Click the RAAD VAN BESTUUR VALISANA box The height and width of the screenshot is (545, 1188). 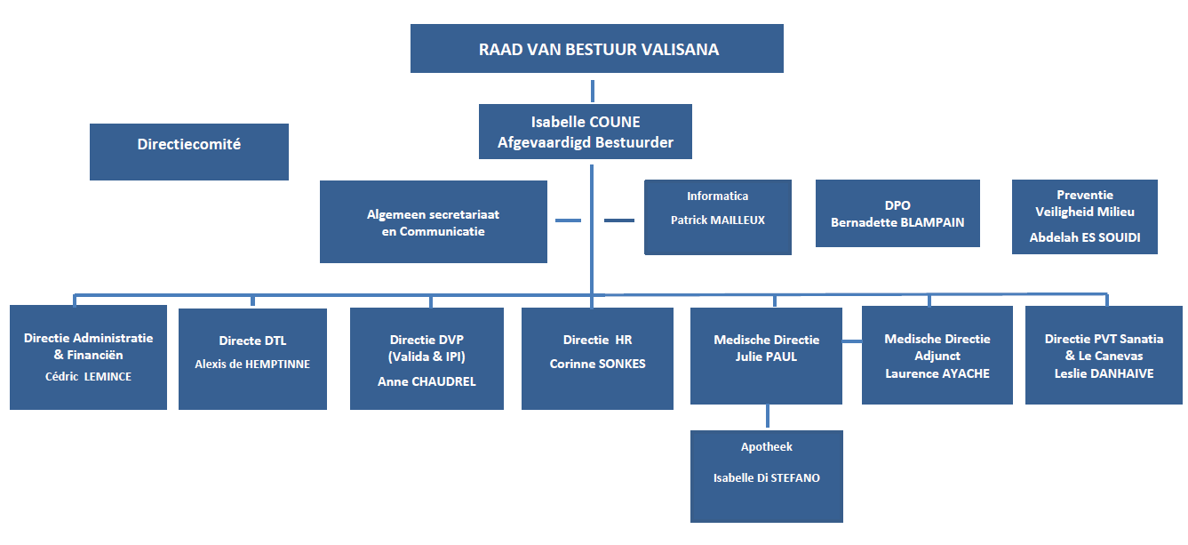point(596,49)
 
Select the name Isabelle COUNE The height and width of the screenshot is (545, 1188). point(585,122)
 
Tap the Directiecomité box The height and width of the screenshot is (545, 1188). point(188,144)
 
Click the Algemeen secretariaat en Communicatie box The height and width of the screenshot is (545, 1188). point(433,222)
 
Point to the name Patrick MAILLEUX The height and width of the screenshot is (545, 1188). point(717,220)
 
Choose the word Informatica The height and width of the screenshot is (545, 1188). point(717,196)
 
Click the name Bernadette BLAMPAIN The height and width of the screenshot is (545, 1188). point(897,222)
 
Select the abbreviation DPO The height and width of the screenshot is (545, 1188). point(897,205)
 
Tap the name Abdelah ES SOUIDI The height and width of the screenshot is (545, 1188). point(1084,237)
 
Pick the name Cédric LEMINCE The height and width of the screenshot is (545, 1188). point(88,376)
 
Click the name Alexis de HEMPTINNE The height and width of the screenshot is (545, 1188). point(252,364)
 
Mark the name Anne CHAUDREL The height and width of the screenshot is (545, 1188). point(427,381)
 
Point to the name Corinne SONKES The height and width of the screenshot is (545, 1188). point(597,364)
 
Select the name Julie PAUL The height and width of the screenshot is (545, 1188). point(767,357)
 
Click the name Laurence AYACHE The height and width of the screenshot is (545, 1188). point(937,373)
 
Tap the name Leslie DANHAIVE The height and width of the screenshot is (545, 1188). point(1104,373)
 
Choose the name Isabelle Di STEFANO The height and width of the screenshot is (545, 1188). point(766,478)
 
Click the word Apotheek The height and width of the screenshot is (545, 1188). point(766,447)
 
